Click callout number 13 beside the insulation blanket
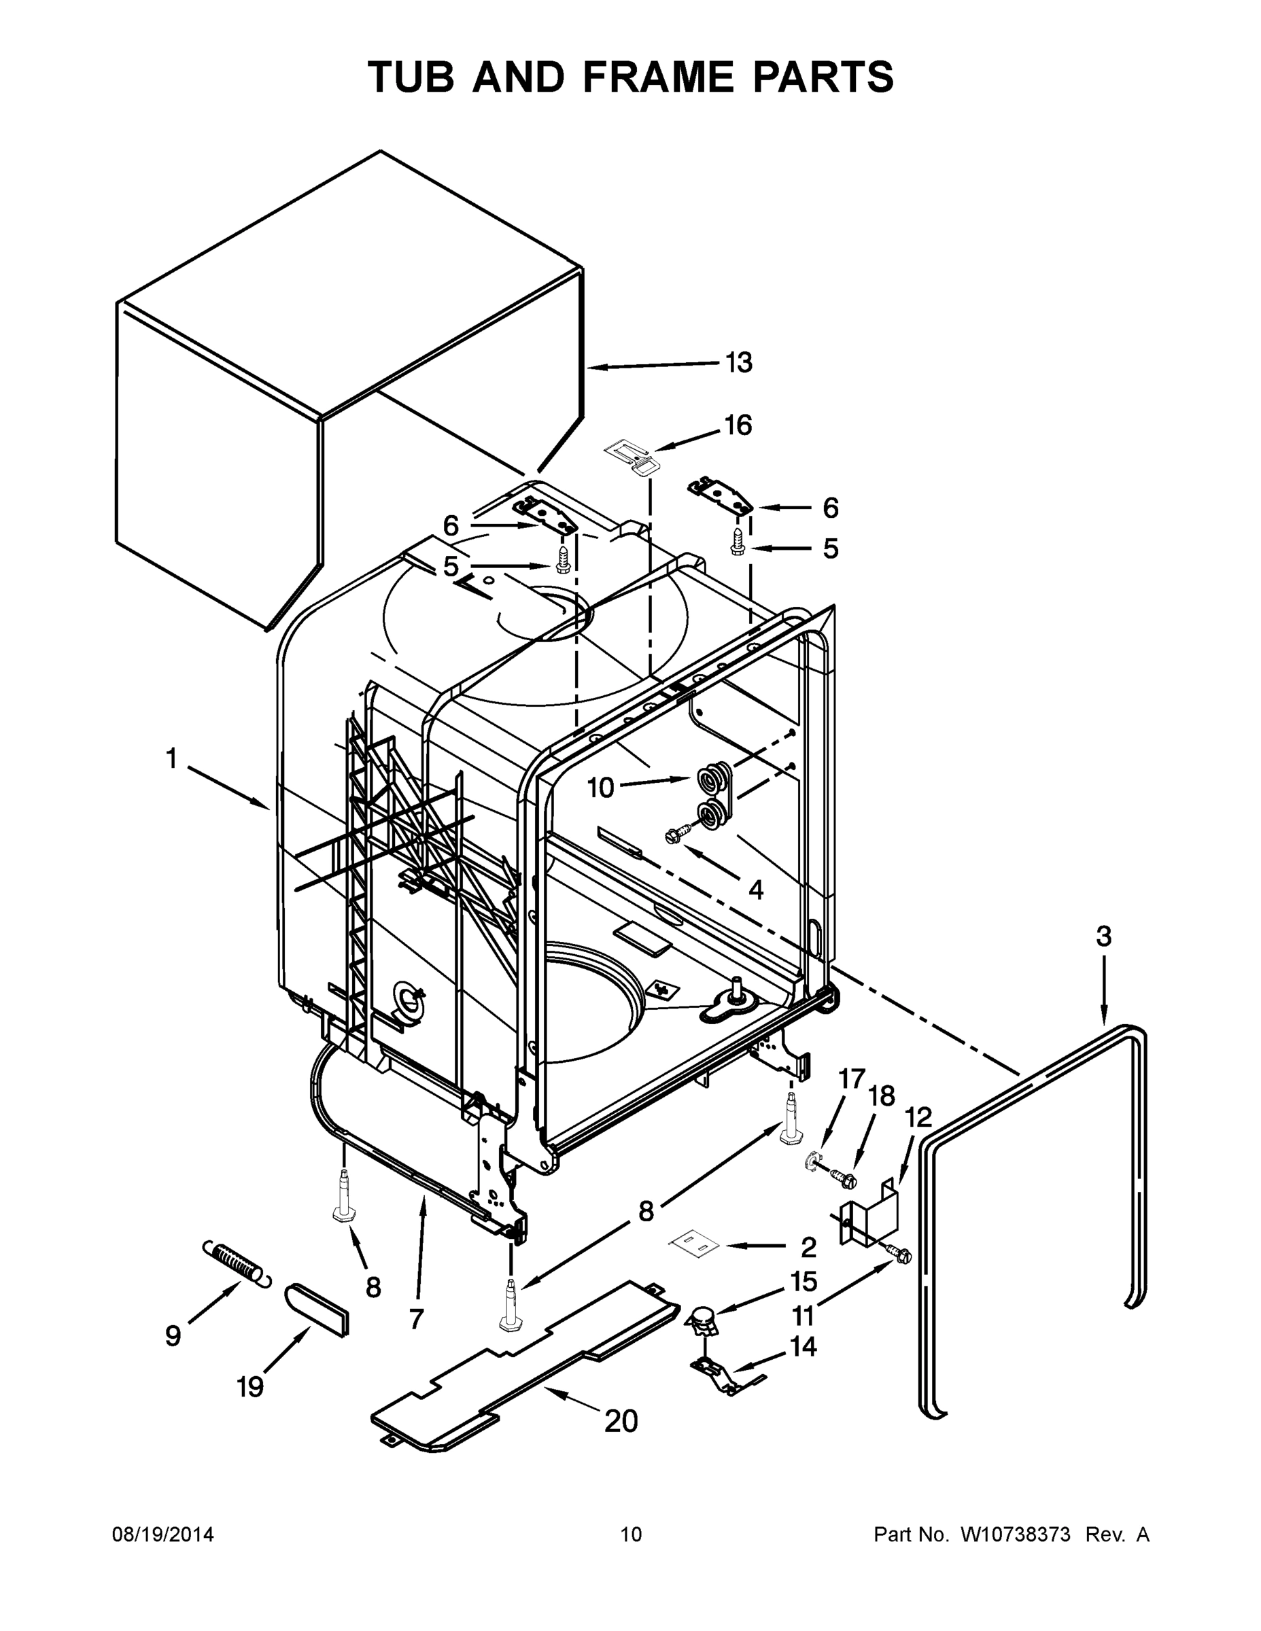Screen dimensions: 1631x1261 click(x=739, y=363)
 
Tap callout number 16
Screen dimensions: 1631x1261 click(x=738, y=425)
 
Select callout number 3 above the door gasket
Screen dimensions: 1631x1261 click(x=1103, y=936)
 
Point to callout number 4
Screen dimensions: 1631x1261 click(x=755, y=890)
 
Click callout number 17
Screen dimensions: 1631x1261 click(x=851, y=1079)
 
